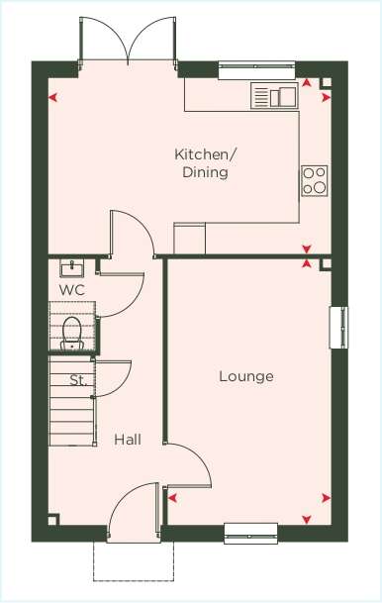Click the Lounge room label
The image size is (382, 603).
point(246,376)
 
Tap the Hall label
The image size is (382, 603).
point(128,440)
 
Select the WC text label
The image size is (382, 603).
point(72,289)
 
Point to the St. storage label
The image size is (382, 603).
point(78,380)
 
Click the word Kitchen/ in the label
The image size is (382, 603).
point(206,154)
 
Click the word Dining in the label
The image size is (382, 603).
point(205,172)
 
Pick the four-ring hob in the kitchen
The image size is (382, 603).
point(315,181)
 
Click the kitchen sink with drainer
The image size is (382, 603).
point(274,95)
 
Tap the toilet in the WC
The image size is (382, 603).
point(72,334)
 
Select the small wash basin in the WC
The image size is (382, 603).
point(72,268)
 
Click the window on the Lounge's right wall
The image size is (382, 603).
point(338,328)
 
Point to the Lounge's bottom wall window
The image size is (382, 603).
point(251,534)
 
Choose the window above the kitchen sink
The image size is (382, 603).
point(256,70)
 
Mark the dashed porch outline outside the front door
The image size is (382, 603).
point(134,561)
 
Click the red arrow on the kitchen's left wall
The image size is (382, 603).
point(53,98)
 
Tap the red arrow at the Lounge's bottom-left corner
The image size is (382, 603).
point(172,498)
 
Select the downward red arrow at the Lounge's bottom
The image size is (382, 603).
point(306,520)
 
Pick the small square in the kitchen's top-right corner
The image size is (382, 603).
point(326,83)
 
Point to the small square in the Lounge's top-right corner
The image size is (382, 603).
point(326,264)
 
